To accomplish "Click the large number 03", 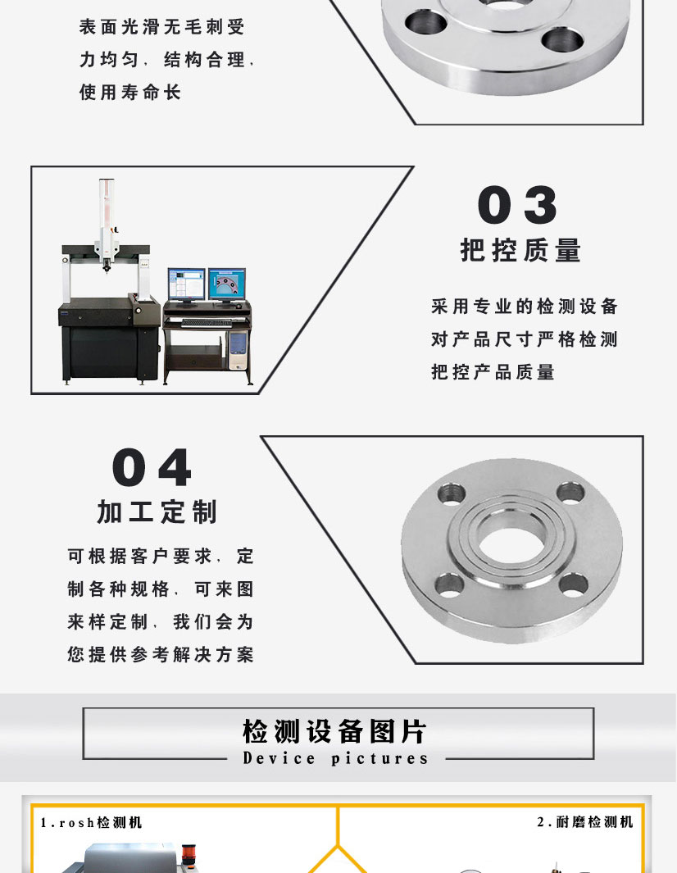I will [517, 206].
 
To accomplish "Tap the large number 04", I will [152, 468].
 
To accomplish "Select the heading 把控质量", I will [520, 250].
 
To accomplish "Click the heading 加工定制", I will [157, 512].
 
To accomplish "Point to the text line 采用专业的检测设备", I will [525, 307].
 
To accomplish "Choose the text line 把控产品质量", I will [493, 372].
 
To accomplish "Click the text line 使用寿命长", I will [129, 93].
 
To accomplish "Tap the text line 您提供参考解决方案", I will [161, 655].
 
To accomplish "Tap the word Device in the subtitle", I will [279, 758].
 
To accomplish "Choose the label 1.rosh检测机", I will [91, 822].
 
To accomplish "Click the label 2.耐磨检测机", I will [584, 822].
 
